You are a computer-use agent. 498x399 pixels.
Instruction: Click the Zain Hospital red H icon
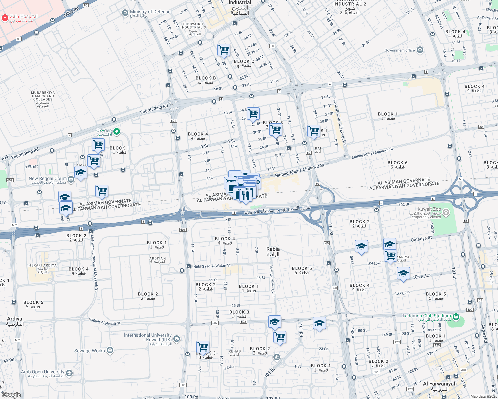(5, 18)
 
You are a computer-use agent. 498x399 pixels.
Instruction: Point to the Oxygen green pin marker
(117, 132)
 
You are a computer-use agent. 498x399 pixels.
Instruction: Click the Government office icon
(420, 50)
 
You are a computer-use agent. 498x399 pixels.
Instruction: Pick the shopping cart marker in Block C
(224, 50)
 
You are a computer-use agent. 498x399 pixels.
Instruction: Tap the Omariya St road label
(421, 239)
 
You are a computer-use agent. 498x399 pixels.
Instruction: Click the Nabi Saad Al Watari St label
(212, 266)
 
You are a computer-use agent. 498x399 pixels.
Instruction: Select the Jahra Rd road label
(71, 12)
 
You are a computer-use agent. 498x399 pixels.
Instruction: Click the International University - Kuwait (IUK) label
(148, 337)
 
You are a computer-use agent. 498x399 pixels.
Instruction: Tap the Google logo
(11, 395)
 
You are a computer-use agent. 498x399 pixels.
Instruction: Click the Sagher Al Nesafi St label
(105, 321)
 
